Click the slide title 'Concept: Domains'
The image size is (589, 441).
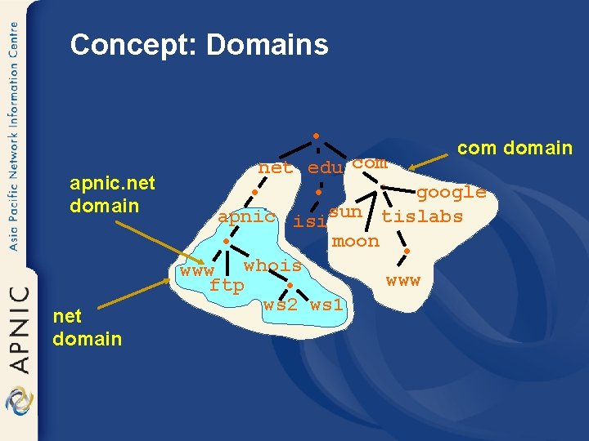(x=199, y=44)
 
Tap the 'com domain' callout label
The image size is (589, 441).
(x=515, y=148)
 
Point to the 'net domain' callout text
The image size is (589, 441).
(x=87, y=327)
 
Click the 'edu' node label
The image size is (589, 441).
(x=325, y=168)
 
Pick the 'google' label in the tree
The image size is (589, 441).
(x=451, y=192)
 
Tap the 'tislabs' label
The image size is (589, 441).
(x=422, y=216)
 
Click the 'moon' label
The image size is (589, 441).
(x=356, y=241)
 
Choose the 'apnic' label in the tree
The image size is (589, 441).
(x=246, y=216)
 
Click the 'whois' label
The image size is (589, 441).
(x=272, y=265)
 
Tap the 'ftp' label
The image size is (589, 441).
(x=227, y=285)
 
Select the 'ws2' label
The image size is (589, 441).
(x=281, y=305)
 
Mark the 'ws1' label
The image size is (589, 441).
(x=327, y=305)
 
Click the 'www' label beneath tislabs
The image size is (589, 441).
(x=402, y=281)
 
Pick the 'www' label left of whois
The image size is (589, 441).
(x=197, y=270)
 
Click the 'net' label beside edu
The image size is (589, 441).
(x=276, y=168)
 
